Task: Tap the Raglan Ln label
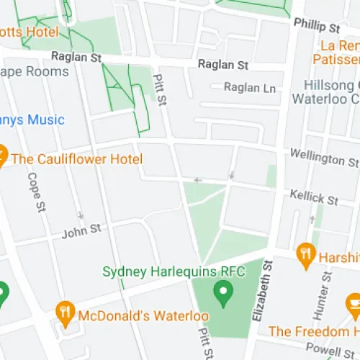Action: (250, 87)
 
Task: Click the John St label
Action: (80, 232)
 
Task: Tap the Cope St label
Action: (34, 192)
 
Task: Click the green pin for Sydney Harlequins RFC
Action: (224, 293)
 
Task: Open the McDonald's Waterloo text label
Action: (143, 316)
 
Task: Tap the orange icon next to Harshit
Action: (307, 254)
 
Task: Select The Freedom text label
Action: (313, 331)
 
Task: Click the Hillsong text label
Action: (331, 85)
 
